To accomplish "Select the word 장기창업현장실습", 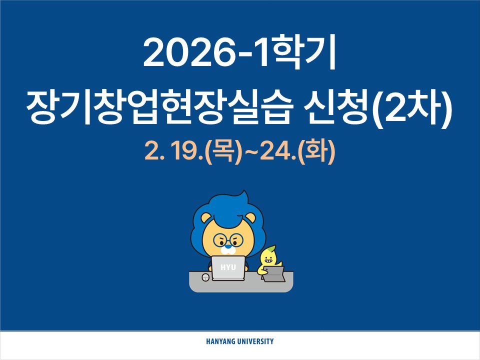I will [x=159, y=111].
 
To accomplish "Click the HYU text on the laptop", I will [x=228, y=268].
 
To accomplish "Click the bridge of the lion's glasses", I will [x=228, y=240].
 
